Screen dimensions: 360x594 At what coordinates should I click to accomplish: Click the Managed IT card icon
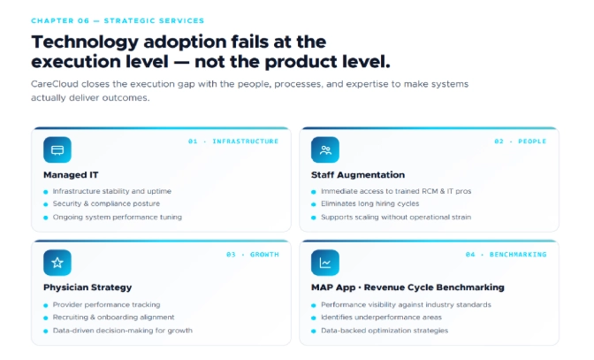(57, 149)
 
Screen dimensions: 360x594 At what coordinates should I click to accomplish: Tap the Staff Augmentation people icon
(325, 149)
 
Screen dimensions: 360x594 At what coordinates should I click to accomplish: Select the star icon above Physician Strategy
(57, 263)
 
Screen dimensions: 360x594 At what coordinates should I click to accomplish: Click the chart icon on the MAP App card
(325, 263)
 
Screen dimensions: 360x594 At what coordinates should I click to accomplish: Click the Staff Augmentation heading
(358, 175)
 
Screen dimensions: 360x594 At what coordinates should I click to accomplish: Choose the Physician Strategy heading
(88, 287)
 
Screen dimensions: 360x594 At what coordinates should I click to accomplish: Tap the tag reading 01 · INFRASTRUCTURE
(233, 142)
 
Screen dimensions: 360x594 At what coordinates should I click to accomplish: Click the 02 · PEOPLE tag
(520, 142)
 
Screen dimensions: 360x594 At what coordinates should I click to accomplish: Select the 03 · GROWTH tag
(253, 255)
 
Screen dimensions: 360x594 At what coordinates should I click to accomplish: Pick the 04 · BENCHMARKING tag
(506, 255)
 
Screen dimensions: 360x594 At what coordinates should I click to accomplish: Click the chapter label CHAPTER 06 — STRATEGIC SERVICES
(117, 20)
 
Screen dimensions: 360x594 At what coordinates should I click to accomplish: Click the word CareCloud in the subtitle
(54, 84)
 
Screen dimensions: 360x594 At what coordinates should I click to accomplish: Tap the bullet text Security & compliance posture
(105, 203)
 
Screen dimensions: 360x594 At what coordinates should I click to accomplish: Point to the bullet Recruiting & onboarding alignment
(113, 317)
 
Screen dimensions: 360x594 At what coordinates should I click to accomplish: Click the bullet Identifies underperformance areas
(382, 317)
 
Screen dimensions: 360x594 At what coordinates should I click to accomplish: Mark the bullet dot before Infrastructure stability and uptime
(45, 191)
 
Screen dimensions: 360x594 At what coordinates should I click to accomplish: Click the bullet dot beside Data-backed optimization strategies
(313, 330)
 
